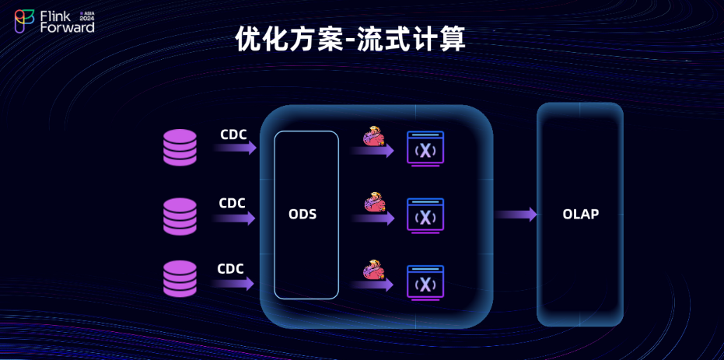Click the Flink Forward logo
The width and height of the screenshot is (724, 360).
pyautogui.click(x=54, y=21)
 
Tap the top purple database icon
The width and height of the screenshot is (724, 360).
pyautogui.click(x=180, y=147)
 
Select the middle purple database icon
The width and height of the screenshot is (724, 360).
pyautogui.click(x=180, y=216)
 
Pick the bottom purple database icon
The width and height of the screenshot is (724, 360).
pyautogui.click(x=180, y=278)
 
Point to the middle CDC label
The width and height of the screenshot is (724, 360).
pyautogui.click(x=232, y=203)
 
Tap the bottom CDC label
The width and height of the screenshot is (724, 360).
pyautogui.click(x=230, y=269)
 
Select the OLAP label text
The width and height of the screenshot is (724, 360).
pyautogui.click(x=580, y=214)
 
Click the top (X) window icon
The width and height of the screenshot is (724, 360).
pyautogui.click(x=425, y=149)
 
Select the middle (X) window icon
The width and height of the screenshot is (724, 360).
pyautogui.click(x=425, y=215)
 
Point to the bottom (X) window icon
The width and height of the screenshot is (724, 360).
pyautogui.click(x=425, y=282)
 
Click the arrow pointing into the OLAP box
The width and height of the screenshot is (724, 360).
pyautogui.click(x=516, y=214)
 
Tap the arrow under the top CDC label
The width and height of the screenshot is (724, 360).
pyautogui.click(x=235, y=148)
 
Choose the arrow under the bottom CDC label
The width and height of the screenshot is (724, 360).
pyautogui.click(x=233, y=284)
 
